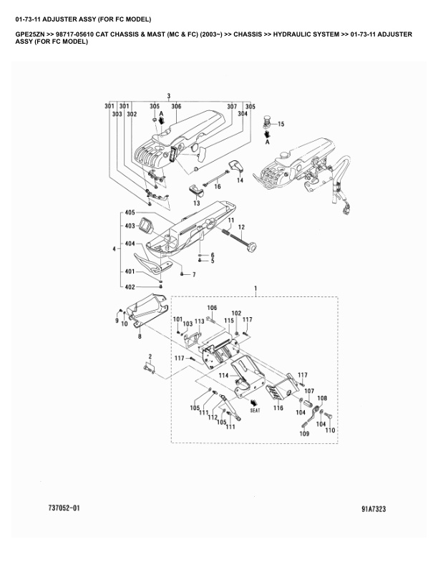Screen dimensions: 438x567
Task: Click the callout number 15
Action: tap(281, 124)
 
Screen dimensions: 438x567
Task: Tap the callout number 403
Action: tap(130, 226)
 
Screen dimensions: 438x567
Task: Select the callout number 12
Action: tap(241, 227)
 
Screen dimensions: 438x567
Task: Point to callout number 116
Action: tap(278, 408)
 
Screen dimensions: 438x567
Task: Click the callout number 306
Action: tap(176, 106)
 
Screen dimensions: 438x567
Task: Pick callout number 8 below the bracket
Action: tap(140, 336)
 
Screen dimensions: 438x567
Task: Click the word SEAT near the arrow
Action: tap(255, 410)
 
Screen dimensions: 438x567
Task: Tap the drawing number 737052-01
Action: tap(64, 508)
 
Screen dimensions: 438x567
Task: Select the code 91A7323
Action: tap(374, 509)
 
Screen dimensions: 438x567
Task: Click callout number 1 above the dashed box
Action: tap(255, 289)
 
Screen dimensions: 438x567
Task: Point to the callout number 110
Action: tap(330, 430)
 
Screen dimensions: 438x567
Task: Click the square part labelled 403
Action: tap(146, 226)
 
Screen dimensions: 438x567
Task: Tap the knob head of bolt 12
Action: tap(252, 248)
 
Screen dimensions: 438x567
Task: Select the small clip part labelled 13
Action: tap(197, 190)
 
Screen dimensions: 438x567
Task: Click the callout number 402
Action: tap(130, 287)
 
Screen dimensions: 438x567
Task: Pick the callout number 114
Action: tap(224, 376)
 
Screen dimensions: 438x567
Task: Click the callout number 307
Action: tap(232, 106)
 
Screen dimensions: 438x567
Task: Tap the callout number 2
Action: tap(150, 357)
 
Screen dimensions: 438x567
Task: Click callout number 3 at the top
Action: tap(169, 96)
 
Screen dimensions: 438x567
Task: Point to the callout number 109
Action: tap(304, 434)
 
